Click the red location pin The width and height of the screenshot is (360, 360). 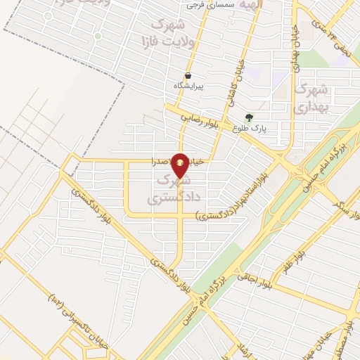pyautogui.click(x=181, y=165)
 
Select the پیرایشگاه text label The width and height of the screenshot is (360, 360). pyautogui.click(x=188, y=86)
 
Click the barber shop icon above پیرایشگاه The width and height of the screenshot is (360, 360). pyautogui.click(x=188, y=76)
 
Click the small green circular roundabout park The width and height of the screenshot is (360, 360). pyautogui.click(x=98, y=36)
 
